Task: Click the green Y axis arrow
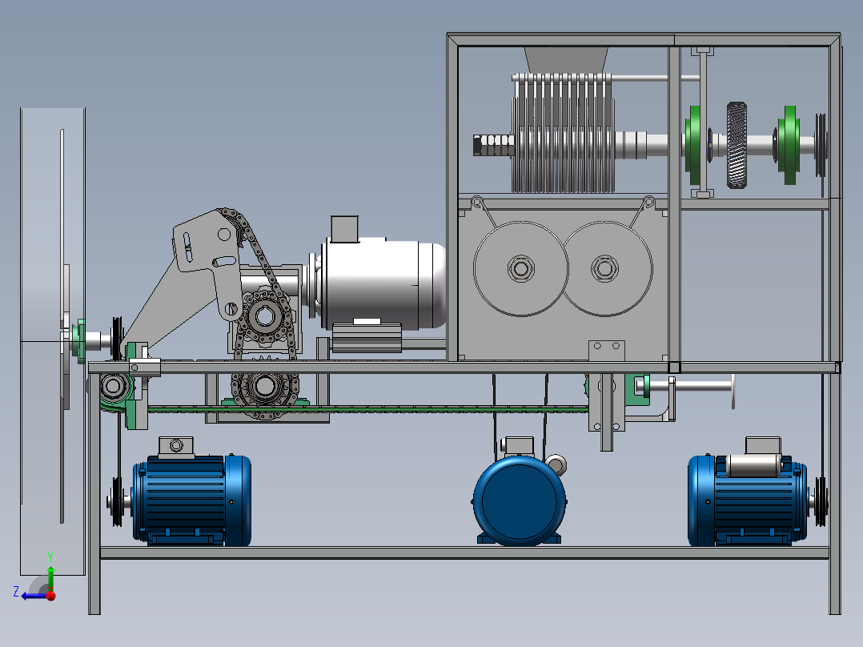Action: [x=50, y=573]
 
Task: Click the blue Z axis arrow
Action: [x=33, y=596]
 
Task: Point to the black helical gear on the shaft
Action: [x=737, y=145]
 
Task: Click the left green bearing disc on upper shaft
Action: [x=693, y=145]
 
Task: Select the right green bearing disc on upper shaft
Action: [x=789, y=145]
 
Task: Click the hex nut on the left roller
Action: [x=520, y=269]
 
